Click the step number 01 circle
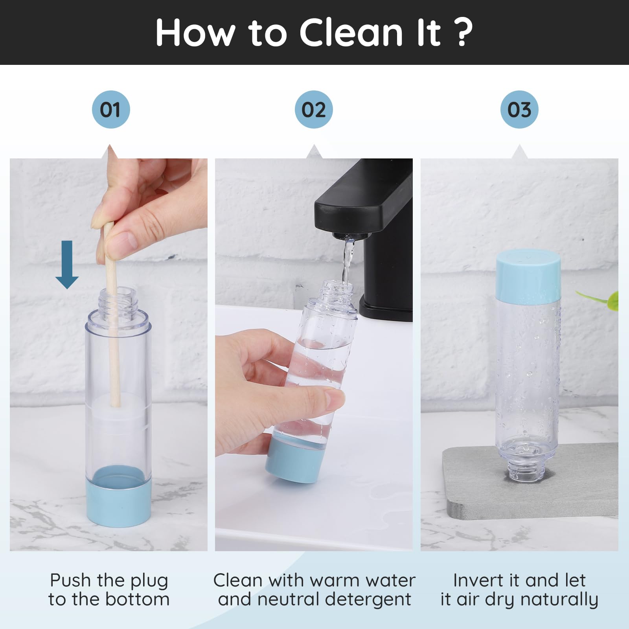tap(111, 109)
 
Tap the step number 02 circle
tap(314, 109)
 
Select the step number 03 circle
tap(519, 109)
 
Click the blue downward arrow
tap(67, 265)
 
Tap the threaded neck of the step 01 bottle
tap(118, 301)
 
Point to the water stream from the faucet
tap(347, 261)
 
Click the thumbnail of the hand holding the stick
tap(109, 354)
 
